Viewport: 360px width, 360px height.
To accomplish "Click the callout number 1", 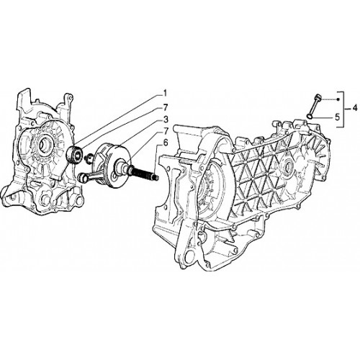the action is click(165, 93).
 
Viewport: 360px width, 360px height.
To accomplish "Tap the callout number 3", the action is click(166, 120).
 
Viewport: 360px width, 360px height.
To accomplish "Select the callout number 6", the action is click(166, 143).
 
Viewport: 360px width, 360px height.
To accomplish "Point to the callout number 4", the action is click(355, 108).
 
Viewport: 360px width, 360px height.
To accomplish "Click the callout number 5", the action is click(338, 117).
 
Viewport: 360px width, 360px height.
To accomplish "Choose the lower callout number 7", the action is click(166, 131).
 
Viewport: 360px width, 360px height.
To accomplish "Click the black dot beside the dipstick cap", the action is click(338, 99).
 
